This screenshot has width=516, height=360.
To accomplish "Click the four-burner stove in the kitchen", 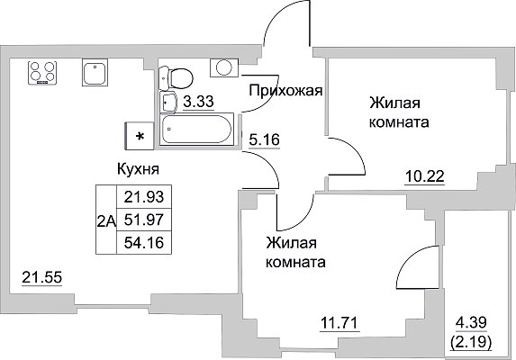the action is pos(41,73).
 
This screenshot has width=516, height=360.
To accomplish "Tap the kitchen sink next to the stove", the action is pos(95,73).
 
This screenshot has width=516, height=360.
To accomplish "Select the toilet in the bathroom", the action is pos(176,78).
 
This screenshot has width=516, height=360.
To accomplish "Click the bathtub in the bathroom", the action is pos(196,129).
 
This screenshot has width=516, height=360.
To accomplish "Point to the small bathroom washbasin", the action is pos(168,103).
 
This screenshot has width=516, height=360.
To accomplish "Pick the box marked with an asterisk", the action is pos(140,136).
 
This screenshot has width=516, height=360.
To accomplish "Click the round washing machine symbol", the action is pos(224,67).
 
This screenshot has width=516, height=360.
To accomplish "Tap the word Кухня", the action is pos(138,169).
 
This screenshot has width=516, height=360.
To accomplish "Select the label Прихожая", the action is pos(285,90).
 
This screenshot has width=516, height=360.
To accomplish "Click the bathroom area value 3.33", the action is pos(198,102).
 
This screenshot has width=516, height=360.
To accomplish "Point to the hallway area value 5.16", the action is pos(264,140).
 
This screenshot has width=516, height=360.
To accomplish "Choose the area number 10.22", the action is pos(425,177).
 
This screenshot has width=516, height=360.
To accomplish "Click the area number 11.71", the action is pos(339,323).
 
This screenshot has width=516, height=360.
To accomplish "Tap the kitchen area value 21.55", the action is pos(41,278).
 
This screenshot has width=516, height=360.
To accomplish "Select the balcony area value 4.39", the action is pos(471,322).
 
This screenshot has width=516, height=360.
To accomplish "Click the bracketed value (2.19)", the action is pos(471,343).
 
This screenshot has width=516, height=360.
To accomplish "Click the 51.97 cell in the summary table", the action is pos(144,220).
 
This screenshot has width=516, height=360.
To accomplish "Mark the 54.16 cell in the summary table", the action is pos(144,243).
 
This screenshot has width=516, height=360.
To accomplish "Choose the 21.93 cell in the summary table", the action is pos(144,196).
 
